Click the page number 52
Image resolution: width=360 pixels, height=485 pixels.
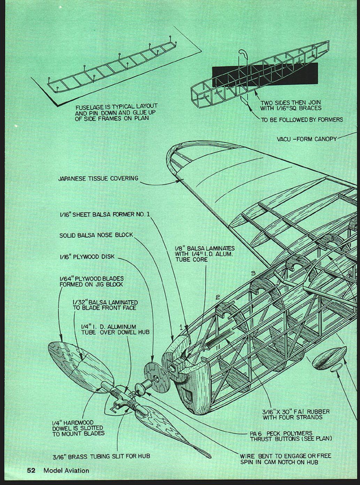31,470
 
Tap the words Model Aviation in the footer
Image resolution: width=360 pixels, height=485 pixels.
66,470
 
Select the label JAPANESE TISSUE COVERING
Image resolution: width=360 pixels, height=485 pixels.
98,179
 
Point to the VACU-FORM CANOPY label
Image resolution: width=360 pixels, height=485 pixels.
307,139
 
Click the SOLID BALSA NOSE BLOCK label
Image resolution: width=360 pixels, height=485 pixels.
96,235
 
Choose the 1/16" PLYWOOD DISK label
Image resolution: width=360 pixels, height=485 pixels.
87,257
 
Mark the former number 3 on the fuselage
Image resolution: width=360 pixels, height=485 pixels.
253,274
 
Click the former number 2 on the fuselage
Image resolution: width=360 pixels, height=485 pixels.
217,297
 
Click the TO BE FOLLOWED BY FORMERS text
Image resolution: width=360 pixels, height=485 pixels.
302,120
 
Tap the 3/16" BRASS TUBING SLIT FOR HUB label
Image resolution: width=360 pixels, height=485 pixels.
101,456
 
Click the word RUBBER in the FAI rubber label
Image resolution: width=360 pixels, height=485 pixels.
318,412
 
